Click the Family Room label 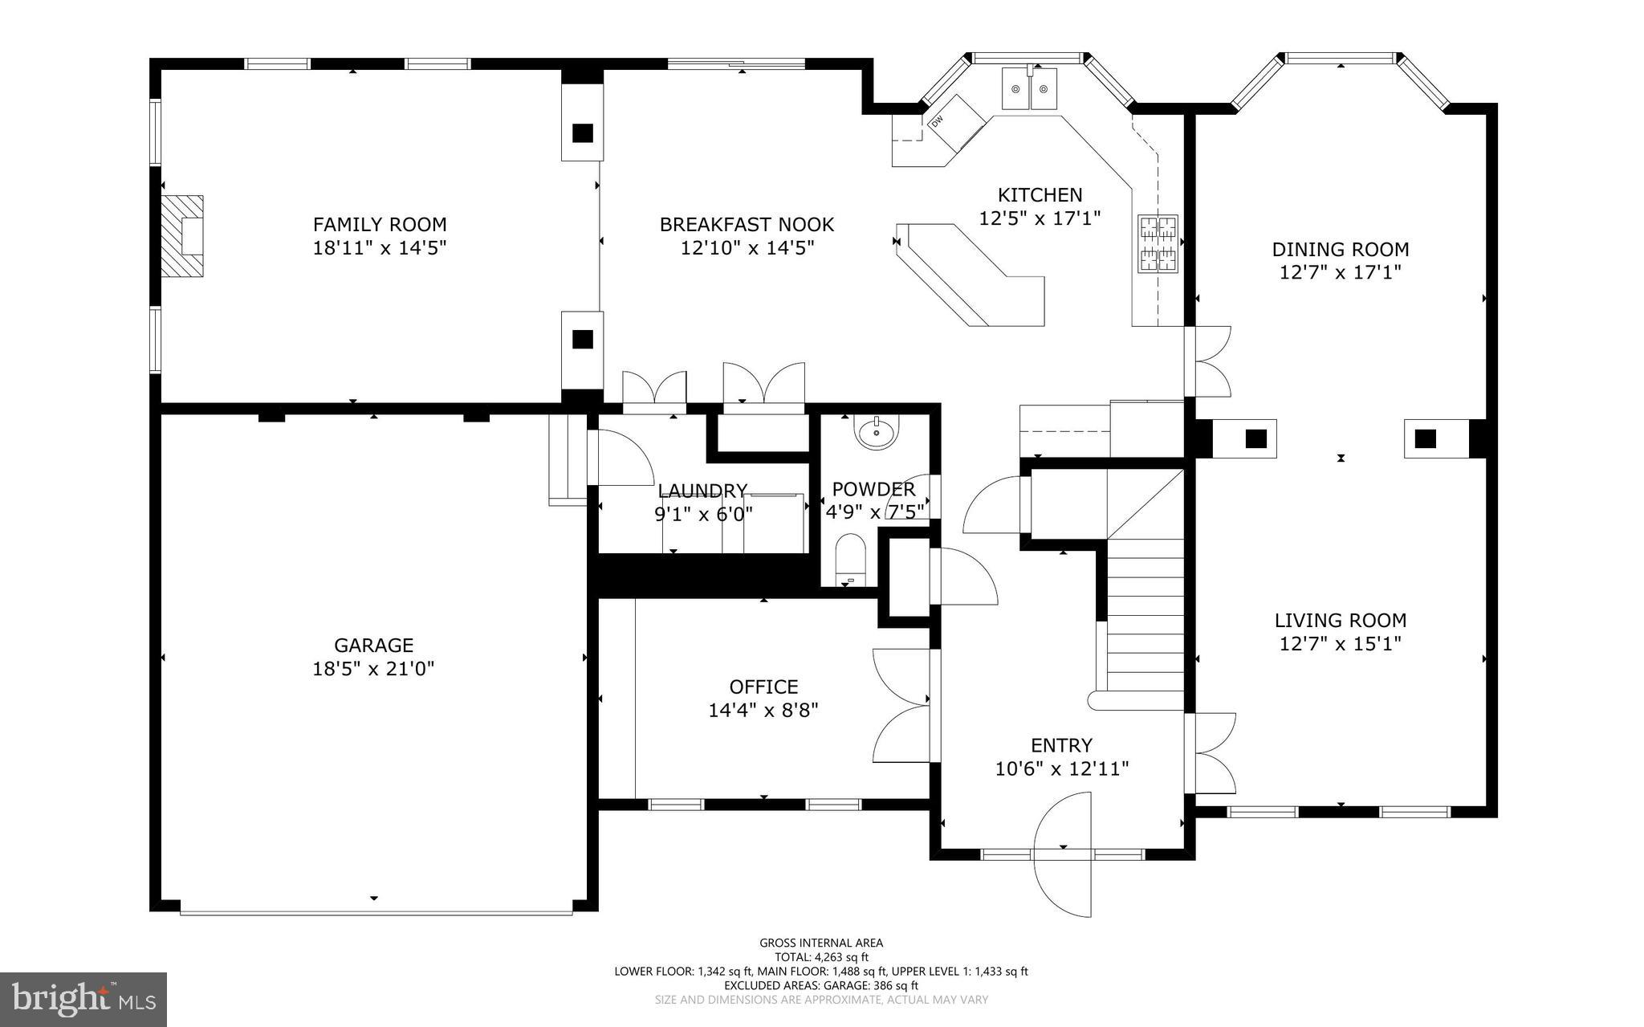(380, 224)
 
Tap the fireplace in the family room (182, 236)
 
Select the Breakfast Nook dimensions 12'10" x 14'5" (747, 248)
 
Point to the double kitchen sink (1030, 88)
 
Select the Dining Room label (1341, 249)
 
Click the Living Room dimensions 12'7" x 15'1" (1341, 643)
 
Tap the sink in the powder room (878, 434)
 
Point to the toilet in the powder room (851, 558)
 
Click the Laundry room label (702, 491)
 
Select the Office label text (763, 687)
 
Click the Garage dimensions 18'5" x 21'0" (373, 668)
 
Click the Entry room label (1061, 745)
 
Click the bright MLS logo (83, 1000)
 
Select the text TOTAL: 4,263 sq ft (821, 957)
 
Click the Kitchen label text (1040, 194)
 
